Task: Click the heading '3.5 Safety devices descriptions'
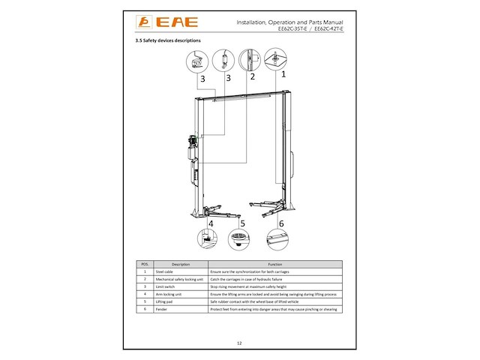160,40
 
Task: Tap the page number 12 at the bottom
239,342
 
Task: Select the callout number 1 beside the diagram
283,75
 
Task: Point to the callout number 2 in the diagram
252,76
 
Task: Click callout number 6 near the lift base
281,223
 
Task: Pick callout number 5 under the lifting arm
241,223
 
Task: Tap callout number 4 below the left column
211,223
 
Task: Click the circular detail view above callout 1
275,58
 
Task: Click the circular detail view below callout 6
278,240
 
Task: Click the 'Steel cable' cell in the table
164,271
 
